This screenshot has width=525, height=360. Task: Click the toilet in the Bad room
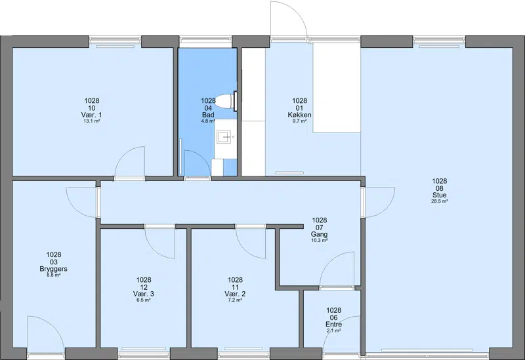225,101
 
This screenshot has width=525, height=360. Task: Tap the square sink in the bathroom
224,137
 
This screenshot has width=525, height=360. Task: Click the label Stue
439,195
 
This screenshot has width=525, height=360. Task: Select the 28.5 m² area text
439,201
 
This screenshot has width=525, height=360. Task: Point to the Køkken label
299,115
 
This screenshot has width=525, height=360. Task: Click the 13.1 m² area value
92,121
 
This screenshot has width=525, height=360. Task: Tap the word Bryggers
54,269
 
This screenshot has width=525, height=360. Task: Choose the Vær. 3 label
143,294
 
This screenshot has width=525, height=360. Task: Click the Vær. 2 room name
235,294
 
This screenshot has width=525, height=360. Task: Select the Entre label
334,324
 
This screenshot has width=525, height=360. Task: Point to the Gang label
319,234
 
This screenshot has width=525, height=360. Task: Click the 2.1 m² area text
334,330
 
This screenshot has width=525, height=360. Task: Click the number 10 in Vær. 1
92,108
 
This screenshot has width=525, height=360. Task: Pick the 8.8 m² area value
54,275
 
